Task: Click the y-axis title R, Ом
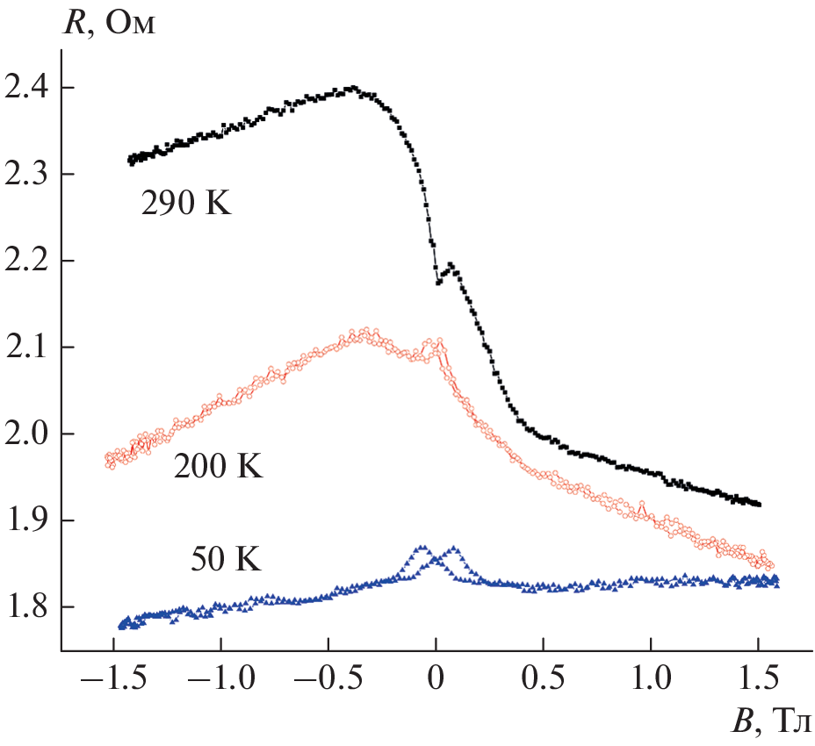[111, 23]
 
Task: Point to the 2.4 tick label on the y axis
[28, 89]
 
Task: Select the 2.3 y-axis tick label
[28, 175]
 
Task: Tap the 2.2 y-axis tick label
[28, 262]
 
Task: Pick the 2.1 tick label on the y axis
[28, 348]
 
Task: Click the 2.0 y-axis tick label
[28, 434]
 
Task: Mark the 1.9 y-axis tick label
[28, 520]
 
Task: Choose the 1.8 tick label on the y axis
[28, 607]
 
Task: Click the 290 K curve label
[185, 205]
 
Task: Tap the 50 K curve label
[226, 559]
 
